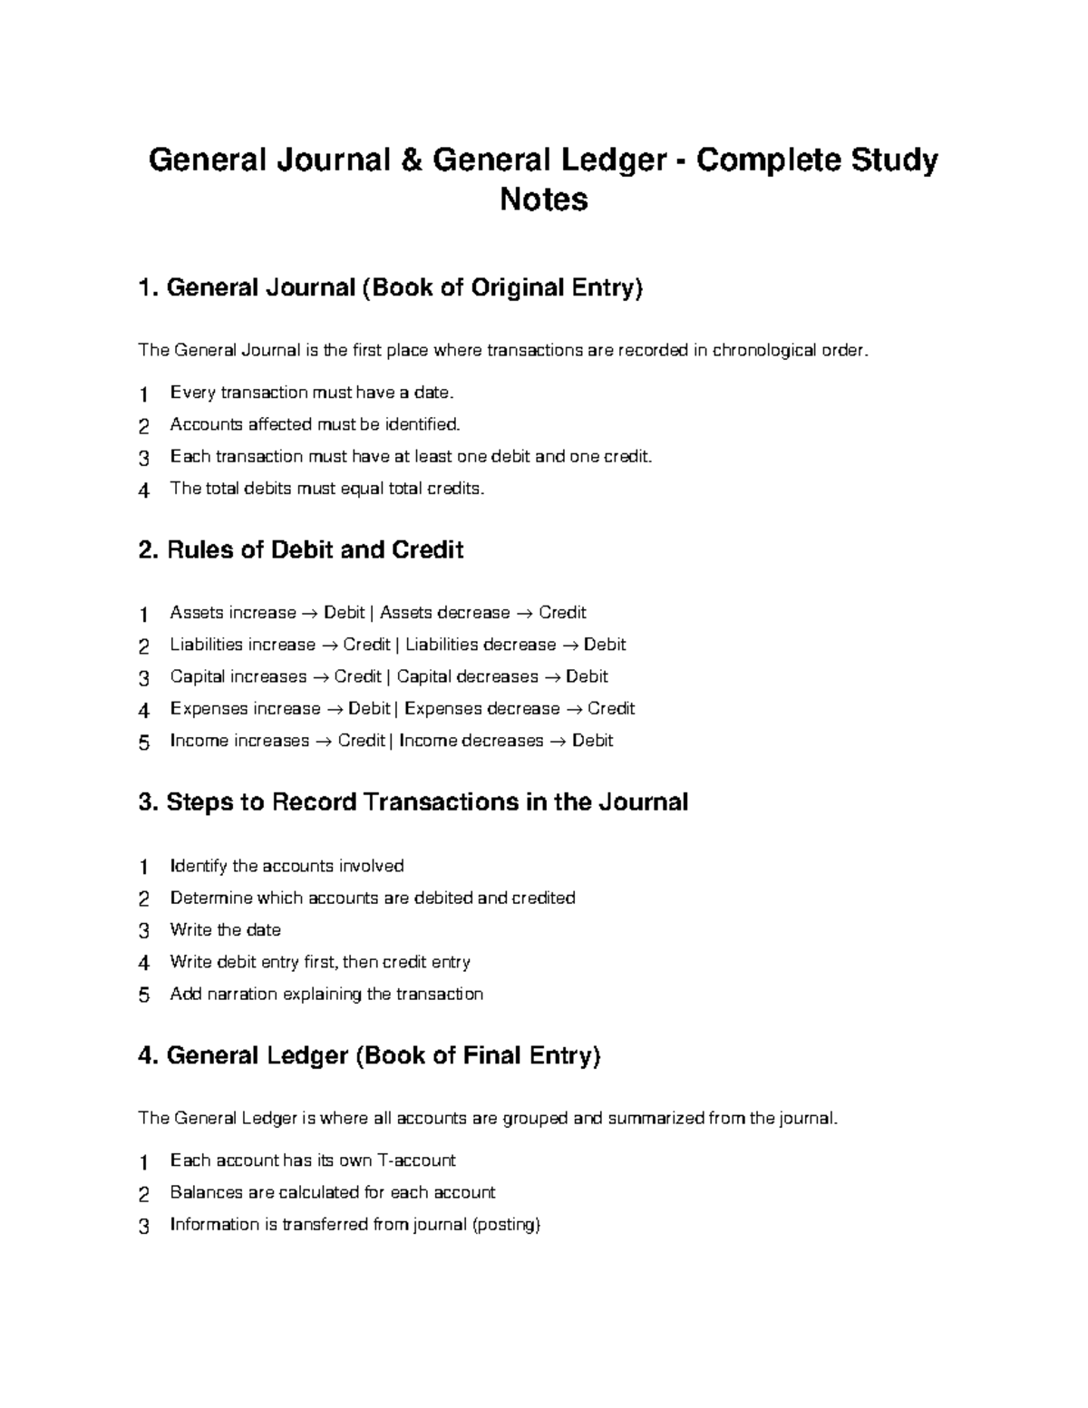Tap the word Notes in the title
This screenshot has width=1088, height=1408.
[544, 199]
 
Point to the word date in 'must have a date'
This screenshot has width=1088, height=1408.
[432, 393]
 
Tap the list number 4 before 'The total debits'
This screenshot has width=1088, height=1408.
[143, 490]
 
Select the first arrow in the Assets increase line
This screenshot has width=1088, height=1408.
[309, 614]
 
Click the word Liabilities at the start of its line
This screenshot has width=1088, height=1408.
[207, 645]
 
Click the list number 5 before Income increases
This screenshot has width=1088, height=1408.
[143, 743]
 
